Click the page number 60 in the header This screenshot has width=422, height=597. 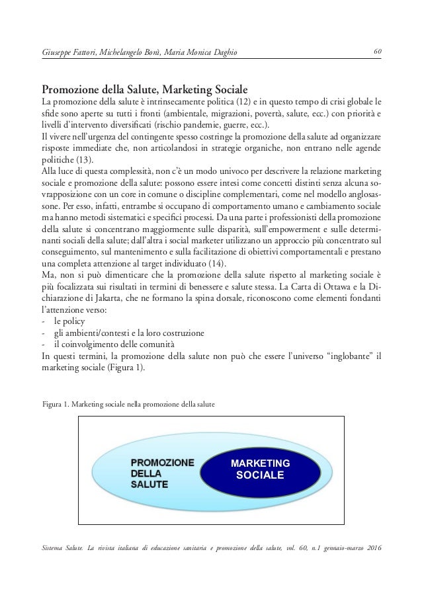point(376,52)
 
